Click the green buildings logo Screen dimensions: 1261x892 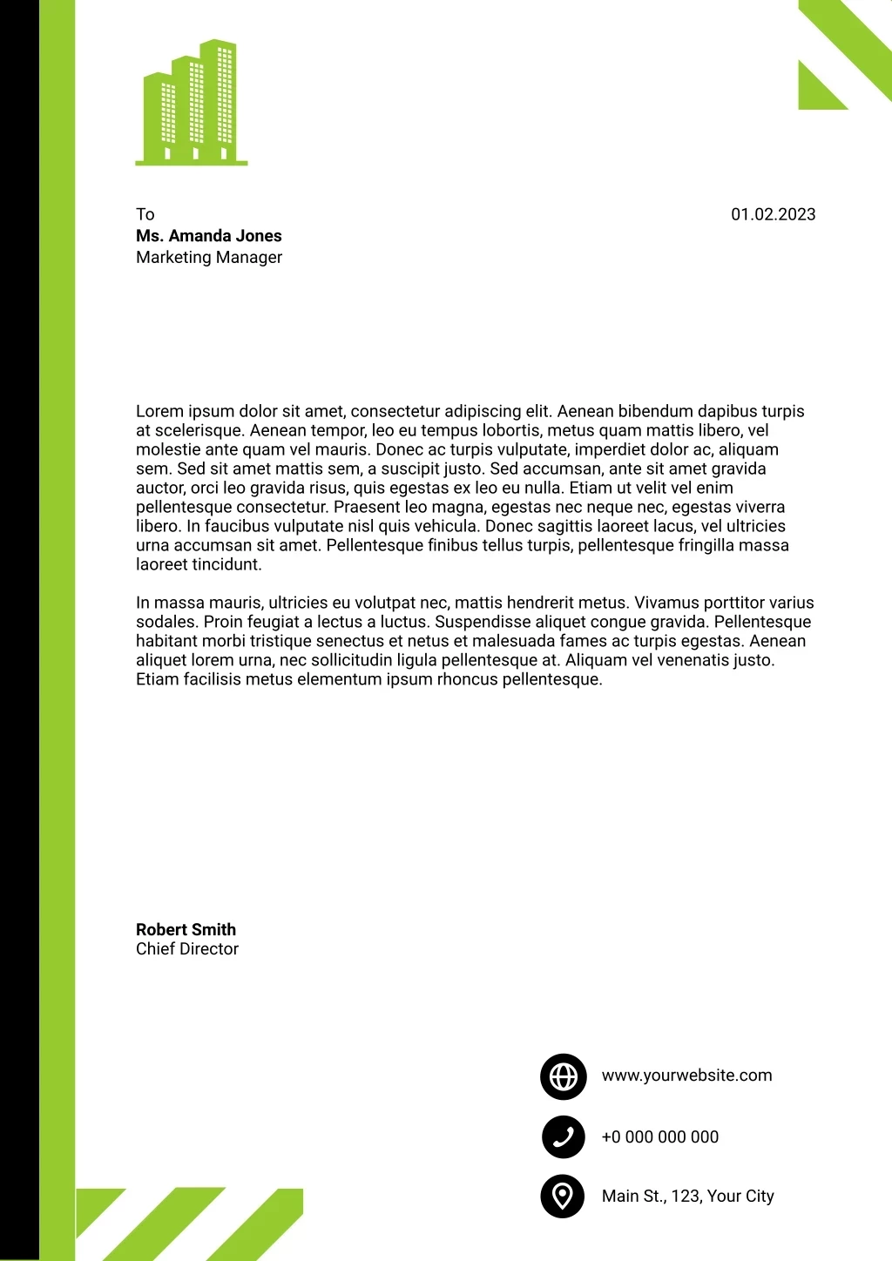tap(192, 103)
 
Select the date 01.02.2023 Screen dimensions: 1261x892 tap(773, 214)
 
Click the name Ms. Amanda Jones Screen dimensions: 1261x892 tap(209, 236)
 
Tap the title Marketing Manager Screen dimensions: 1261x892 tap(209, 258)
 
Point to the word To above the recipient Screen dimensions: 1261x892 tap(145, 214)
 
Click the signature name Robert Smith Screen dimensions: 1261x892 tap(186, 929)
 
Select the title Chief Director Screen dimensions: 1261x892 tap(187, 949)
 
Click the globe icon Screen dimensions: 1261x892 tap(563, 1076)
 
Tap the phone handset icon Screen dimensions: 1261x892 tap(563, 1136)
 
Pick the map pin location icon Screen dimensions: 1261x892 tap(563, 1196)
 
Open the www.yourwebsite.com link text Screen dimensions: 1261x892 tap(686, 1076)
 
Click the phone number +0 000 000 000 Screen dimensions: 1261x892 tap(660, 1137)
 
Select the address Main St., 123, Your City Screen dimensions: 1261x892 tap(688, 1197)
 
